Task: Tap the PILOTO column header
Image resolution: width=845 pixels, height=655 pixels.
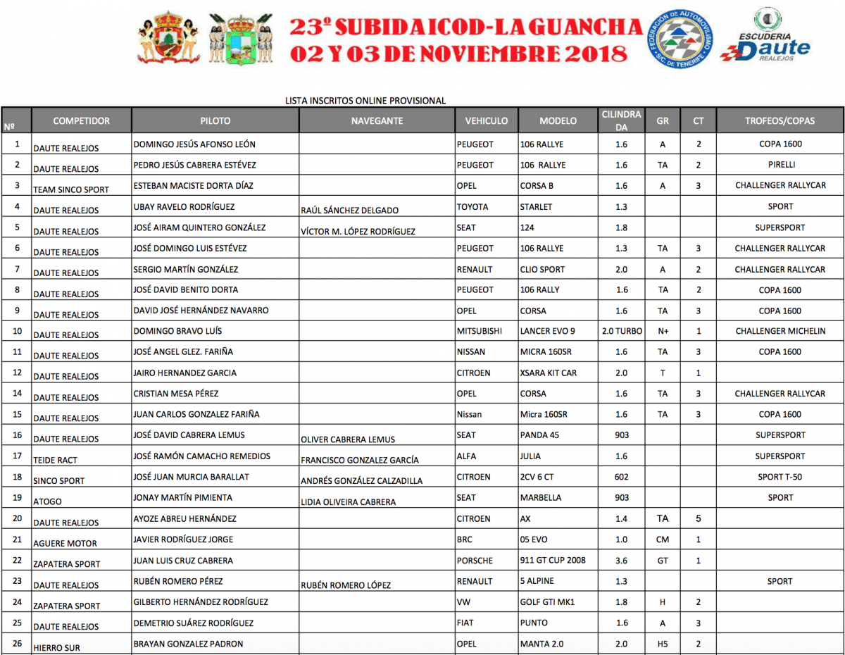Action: pyautogui.click(x=215, y=120)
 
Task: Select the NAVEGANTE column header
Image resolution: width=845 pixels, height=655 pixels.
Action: pyautogui.click(x=377, y=120)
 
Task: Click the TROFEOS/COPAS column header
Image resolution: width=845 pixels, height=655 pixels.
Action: pyautogui.click(x=780, y=120)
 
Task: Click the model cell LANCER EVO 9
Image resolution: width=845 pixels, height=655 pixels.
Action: pyautogui.click(x=547, y=331)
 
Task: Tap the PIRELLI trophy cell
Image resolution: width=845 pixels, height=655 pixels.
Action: pyautogui.click(x=780, y=165)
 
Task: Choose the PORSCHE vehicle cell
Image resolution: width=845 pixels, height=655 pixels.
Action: pyautogui.click(x=475, y=561)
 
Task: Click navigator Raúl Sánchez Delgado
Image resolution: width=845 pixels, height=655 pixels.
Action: pyautogui.click(x=349, y=211)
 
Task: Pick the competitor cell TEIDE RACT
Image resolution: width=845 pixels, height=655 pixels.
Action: pyautogui.click(x=56, y=460)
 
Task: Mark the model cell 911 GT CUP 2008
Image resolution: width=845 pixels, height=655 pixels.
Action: pyautogui.click(x=552, y=561)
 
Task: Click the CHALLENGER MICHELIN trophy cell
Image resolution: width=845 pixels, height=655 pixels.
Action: pyautogui.click(x=780, y=331)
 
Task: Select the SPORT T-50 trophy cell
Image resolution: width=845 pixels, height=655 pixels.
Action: pyautogui.click(x=780, y=477)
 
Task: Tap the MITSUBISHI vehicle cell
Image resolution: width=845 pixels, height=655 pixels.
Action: pyautogui.click(x=480, y=331)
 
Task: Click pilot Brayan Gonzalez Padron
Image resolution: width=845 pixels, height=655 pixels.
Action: pyautogui.click(x=188, y=644)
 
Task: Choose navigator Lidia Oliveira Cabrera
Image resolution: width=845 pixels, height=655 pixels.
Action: pyautogui.click(x=348, y=502)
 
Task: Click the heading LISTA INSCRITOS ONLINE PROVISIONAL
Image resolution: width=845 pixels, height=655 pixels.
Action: pyautogui.click(x=365, y=101)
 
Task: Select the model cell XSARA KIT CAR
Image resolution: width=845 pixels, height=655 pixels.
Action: pyautogui.click(x=548, y=373)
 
